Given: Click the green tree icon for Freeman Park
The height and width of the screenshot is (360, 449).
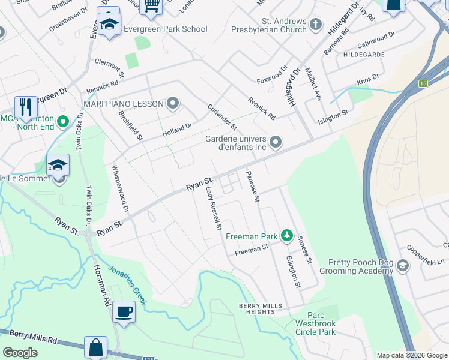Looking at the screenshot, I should click(287, 236).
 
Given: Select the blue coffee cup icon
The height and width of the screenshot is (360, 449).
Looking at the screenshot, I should click(124, 312).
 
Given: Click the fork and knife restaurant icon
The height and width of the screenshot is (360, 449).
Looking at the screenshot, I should click(25, 107).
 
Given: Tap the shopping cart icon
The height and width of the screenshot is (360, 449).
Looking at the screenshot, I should click(151, 6).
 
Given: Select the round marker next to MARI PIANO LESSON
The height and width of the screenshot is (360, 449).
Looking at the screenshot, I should click(173, 104).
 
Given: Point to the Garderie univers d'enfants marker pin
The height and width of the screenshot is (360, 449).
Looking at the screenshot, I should click(276, 142).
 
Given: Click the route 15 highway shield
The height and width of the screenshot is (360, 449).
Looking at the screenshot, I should click(424, 83).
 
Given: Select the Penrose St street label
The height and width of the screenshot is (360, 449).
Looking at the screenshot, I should click(253, 186).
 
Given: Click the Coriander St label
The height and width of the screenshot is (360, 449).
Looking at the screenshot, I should click(223, 117).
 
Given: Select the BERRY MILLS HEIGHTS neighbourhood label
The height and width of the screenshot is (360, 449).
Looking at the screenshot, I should click(260, 308).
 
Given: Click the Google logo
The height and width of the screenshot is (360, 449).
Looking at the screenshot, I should click(20, 352).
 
